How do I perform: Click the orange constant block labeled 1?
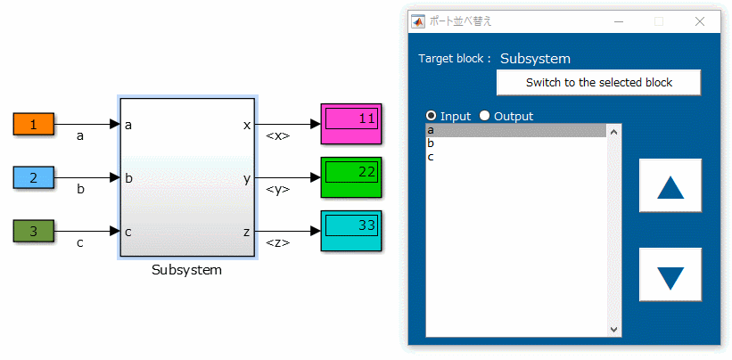coord(34,125)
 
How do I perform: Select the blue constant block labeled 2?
coord(34,178)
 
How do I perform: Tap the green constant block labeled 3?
coord(34,232)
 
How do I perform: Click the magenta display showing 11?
coord(351,124)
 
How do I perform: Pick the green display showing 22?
coord(351,177)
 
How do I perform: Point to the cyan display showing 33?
coord(351,231)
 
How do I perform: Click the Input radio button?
coord(432,116)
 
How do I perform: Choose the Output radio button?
coord(485,116)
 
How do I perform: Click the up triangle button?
coord(670,186)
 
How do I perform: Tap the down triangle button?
coord(670,275)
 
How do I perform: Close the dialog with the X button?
coord(699,21)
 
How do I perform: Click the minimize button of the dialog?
coord(618,21)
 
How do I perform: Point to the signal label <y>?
coord(278,190)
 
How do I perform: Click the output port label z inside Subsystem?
coord(247,232)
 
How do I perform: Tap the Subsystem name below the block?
coord(187,270)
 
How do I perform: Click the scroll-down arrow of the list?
coord(613,330)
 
